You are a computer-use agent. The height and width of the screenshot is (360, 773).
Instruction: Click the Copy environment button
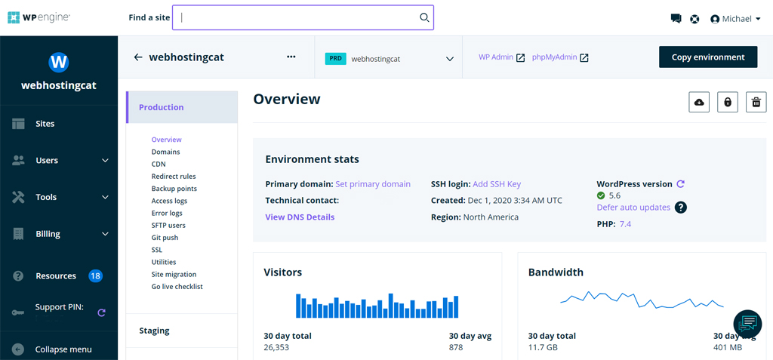pyautogui.click(x=707, y=57)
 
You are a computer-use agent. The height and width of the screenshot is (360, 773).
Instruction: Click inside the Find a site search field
pyautogui.click(x=302, y=17)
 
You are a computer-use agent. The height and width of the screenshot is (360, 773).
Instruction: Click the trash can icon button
pyautogui.click(x=756, y=102)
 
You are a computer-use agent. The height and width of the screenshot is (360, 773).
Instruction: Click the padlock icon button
pyautogui.click(x=728, y=102)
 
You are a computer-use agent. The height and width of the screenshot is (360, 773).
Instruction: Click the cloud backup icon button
pyautogui.click(x=699, y=102)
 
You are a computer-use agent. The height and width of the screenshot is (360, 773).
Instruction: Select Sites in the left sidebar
pyautogui.click(x=45, y=124)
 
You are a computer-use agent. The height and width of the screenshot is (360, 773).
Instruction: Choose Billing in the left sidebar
pyautogui.click(x=48, y=234)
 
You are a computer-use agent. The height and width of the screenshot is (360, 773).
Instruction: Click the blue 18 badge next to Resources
pyautogui.click(x=95, y=276)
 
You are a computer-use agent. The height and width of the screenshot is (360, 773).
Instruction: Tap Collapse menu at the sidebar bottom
pyautogui.click(x=63, y=349)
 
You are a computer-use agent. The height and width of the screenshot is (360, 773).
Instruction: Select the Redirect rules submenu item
pyautogui.click(x=174, y=177)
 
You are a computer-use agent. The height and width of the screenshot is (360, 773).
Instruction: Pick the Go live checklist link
pyautogui.click(x=177, y=287)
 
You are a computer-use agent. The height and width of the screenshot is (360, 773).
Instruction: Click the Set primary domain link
pyautogui.click(x=373, y=184)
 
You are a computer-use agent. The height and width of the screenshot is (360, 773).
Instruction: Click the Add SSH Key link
pyautogui.click(x=497, y=184)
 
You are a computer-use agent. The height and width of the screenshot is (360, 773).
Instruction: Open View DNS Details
pyautogui.click(x=300, y=217)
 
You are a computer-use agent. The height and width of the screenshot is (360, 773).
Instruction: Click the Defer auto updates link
pyautogui.click(x=633, y=208)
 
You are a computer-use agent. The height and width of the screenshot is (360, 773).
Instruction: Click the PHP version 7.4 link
pyautogui.click(x=625, y=224)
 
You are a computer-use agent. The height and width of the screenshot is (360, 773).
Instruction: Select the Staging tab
pyautogui.click(x=154, y=331)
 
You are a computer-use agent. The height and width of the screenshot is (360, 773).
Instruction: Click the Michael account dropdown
pyautogui.click(x=735, y=19)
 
